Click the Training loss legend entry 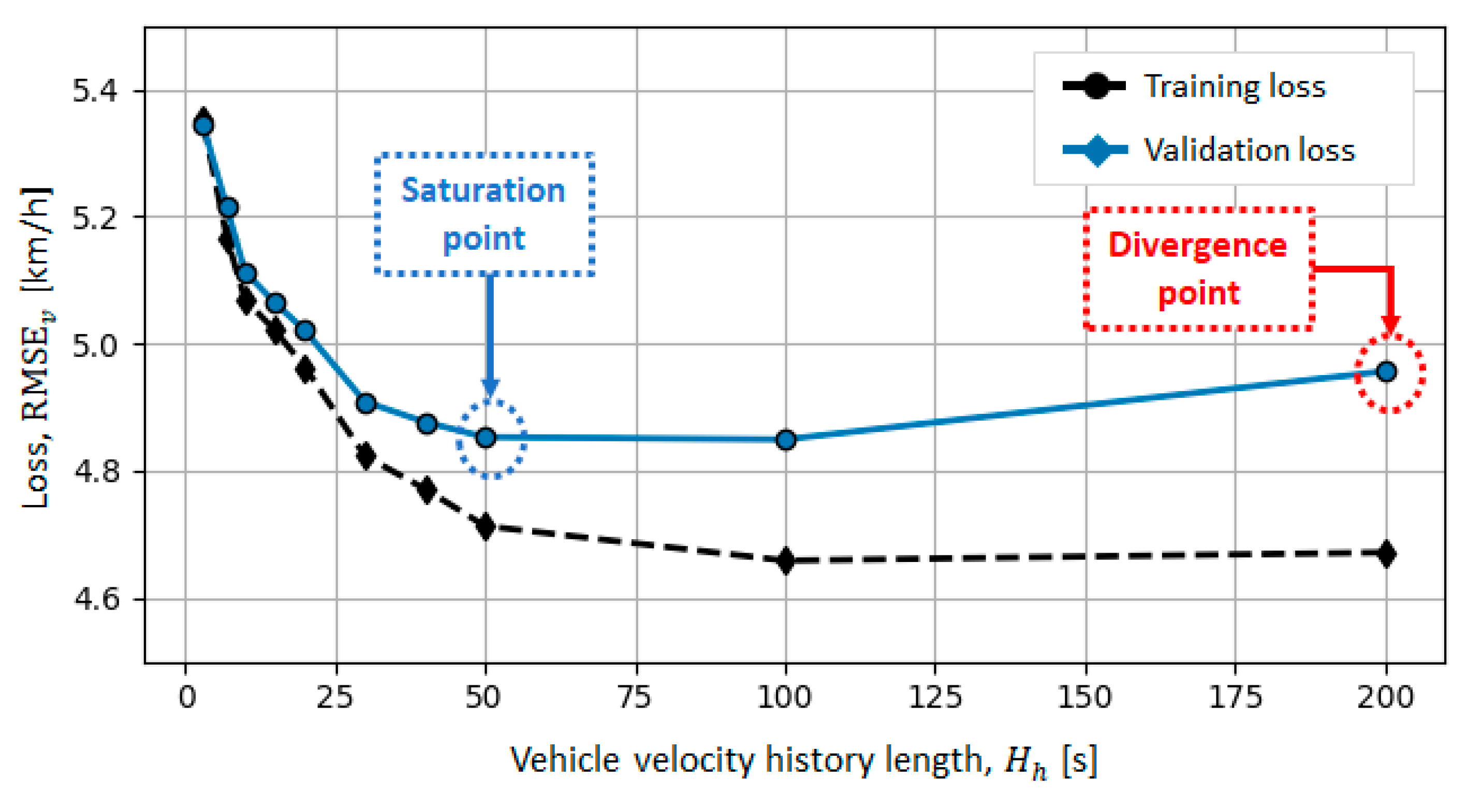[x=1234, y=87]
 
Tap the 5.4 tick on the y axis [x=95, y=91]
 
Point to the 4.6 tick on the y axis [x=95, y=600]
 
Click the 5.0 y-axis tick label [x=95, y=345]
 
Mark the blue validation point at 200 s [x=1386, y=372]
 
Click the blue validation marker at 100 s [x=786, y=440]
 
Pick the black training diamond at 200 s [x=1386, y=554]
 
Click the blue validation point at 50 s [x=485, y=438]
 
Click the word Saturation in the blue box [x=483, y=190]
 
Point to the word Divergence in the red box [x=1198, y=246]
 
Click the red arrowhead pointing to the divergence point [x=1390, y=326]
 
